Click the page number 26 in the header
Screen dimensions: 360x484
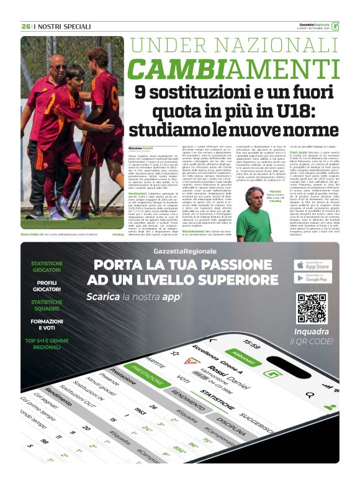click(25, 27)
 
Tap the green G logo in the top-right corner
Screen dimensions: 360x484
click(335, 26)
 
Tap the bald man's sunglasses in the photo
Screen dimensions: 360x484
click(58, 66)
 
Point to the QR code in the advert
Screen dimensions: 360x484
click(311, 308)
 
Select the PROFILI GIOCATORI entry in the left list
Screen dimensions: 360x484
click(47, 288)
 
